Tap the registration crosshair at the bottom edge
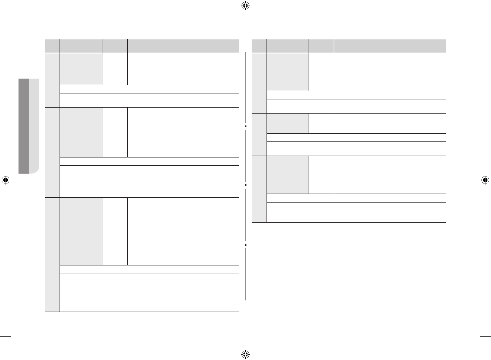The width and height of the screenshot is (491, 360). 245,354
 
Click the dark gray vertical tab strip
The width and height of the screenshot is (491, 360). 23,126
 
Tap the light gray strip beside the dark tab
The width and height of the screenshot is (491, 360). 34,126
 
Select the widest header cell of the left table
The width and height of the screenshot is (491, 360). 183,46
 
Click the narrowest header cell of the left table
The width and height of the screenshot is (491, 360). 52,46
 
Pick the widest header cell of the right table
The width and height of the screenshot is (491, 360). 390,46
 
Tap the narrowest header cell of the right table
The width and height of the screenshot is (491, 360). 259,46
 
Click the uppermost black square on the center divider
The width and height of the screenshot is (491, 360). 246,127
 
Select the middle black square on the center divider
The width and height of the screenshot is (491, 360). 246,185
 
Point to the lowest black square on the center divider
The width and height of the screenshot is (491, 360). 246,245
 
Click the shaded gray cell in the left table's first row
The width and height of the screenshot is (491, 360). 81,69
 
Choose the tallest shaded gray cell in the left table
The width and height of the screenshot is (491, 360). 81,231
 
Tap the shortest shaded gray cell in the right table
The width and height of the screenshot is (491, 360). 288,123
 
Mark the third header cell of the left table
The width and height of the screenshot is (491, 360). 115,46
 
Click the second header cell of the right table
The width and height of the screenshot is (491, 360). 288,46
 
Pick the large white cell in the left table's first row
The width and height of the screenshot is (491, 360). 183,69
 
